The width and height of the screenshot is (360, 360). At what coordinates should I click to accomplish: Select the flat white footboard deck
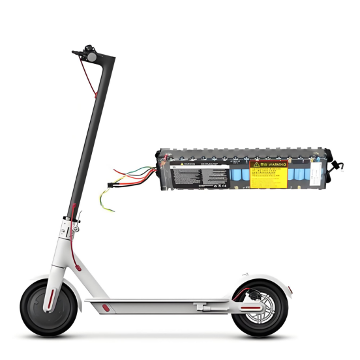tap(157, 301)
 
